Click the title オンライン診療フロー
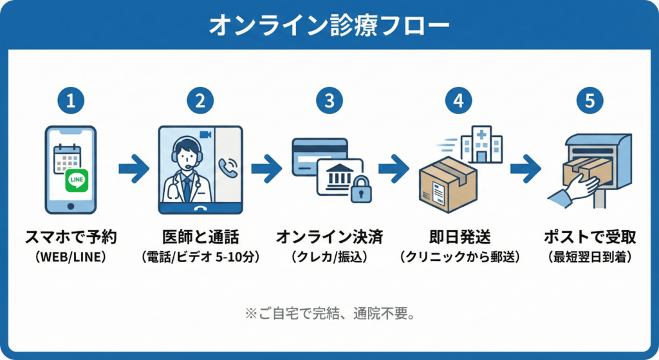329,25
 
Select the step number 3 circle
329,100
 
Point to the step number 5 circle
589,100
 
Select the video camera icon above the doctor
206,134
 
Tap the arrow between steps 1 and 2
134,169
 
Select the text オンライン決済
329,237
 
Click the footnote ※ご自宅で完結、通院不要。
329,315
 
